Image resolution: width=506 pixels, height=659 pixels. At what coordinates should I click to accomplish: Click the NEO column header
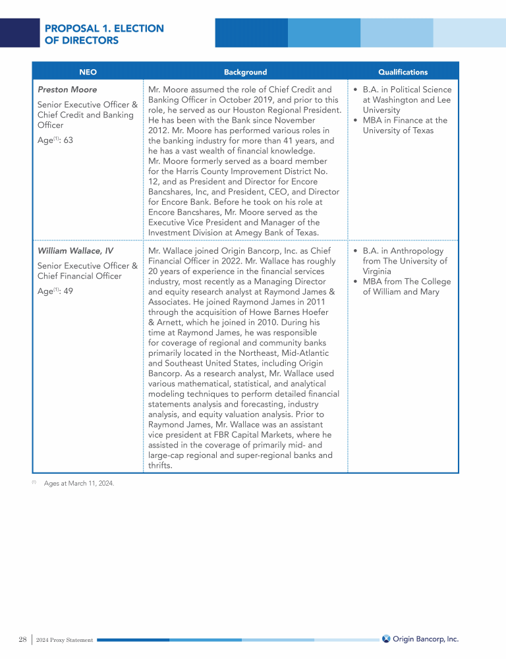88,72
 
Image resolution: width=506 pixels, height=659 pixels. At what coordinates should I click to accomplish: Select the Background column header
245,72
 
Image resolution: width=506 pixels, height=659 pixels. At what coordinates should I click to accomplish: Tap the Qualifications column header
403,72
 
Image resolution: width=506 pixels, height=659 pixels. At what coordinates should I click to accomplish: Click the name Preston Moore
67,90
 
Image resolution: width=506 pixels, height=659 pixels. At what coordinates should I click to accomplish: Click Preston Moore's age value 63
68,140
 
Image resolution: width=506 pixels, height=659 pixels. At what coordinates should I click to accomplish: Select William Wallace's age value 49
68,291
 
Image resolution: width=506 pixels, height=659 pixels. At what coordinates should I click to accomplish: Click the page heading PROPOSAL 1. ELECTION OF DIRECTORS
104,34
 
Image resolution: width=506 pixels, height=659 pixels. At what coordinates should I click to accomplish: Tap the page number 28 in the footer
23,639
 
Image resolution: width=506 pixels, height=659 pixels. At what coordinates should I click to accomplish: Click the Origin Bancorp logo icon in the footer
386,639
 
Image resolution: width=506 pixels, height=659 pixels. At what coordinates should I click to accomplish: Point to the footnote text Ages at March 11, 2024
79,484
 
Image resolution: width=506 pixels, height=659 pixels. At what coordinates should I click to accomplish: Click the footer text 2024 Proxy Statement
65,640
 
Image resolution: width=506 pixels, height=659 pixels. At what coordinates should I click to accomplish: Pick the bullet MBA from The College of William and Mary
407,287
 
